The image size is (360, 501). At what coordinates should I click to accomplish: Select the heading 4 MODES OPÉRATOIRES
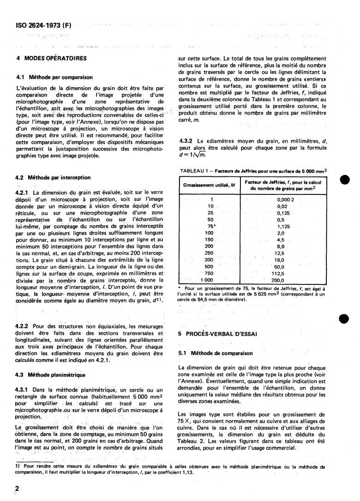point(51,59)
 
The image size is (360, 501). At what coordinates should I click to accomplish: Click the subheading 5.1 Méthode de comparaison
point(215,354)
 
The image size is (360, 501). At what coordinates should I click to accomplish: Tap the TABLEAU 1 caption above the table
point(254,171)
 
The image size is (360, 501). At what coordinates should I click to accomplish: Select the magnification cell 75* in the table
point(211,226)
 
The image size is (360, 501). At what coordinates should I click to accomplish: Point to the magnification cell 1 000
point(206,280)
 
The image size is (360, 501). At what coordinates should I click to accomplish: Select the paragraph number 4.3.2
point(186,140)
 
